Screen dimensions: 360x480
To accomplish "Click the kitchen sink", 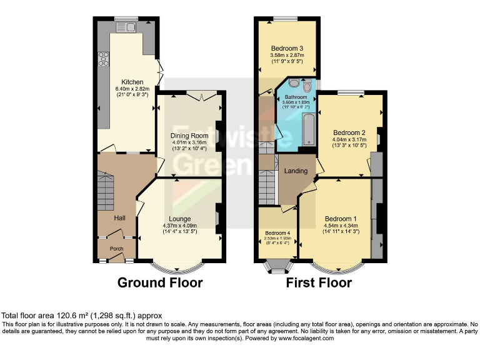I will pyautogui.click(x=130, y=26).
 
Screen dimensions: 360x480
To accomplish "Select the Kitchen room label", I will pyautogui.click(x=132, y=82).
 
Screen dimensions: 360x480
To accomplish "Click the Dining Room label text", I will pyautogui.click(x=189, y=136).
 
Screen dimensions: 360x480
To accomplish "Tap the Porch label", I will pyautogui.click(x=117, y=248).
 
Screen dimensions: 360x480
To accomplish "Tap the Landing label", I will pyautogui.click(x=296, y=171).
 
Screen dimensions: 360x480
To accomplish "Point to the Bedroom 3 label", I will pyautogui.click(x=287, y=48).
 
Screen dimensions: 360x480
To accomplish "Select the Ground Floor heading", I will pyautogui.click(x=160, y=282).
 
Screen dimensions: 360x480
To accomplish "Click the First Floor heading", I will pyautogui.click(x=319, y=282).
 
